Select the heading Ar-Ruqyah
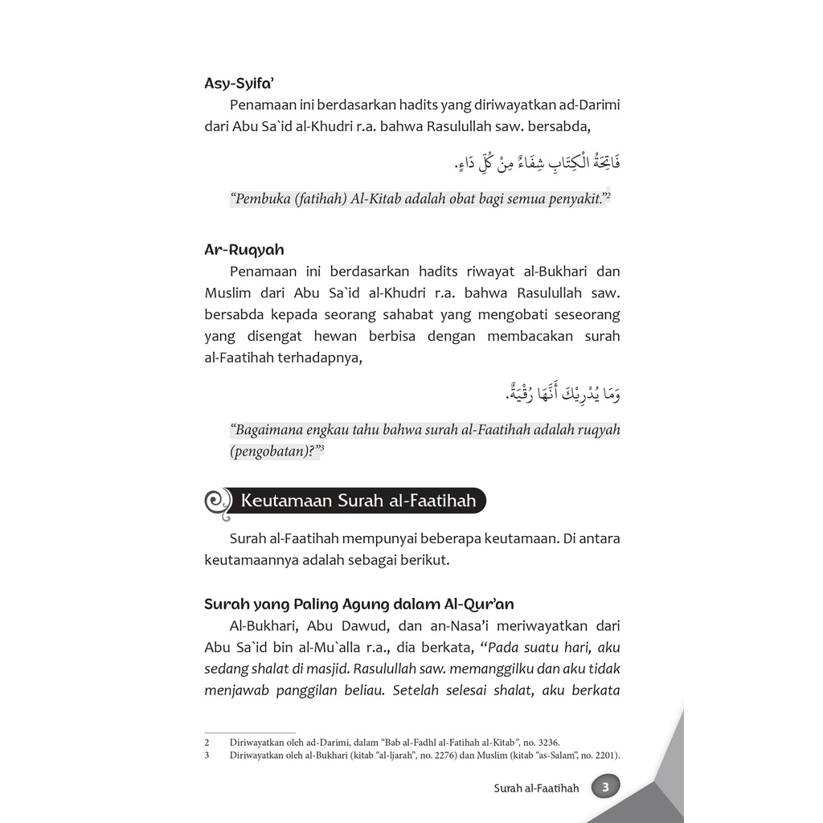(x=244, y=249)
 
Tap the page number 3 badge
(x=605, y=787)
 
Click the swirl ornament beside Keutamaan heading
(x=217, y=502)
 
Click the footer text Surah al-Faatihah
(x=536, y=788)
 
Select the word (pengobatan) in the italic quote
(x=272, y=451)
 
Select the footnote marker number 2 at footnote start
(x=207, y=743)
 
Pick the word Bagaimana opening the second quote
(x=268, y=429)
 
